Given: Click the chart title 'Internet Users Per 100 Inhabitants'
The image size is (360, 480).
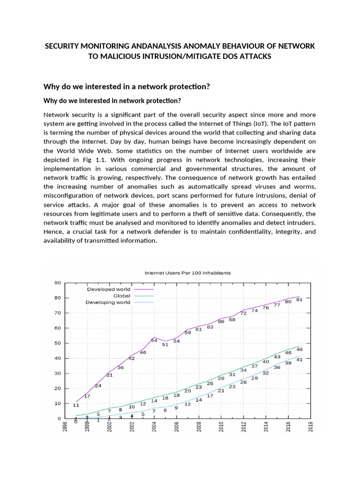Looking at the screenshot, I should pyautogui.click(x=187, y=273).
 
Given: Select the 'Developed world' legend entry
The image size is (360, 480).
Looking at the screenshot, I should pyautogui.click(x=109, y=289).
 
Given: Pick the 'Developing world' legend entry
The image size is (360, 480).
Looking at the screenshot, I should pyautogui.click(x=108, y=302).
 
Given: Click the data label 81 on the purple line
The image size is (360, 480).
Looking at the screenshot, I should pyautogui.click(x=300, y=300).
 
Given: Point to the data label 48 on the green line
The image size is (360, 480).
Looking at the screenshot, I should pyautogui.click(x=300, y=349).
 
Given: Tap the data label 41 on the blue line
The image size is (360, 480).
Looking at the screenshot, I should pyautogui.click(x=300, y=360).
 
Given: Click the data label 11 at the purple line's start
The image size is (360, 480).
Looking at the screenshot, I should pyautogui.click(x=76, y=405).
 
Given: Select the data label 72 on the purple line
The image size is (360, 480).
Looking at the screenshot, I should pyautogui.click(x=243, y=313).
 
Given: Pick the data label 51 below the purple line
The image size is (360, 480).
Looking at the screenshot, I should pyautogui.click(x=165, y=345).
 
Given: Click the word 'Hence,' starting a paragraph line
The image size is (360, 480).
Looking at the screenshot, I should pyautogui.click(x=53, y=232).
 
